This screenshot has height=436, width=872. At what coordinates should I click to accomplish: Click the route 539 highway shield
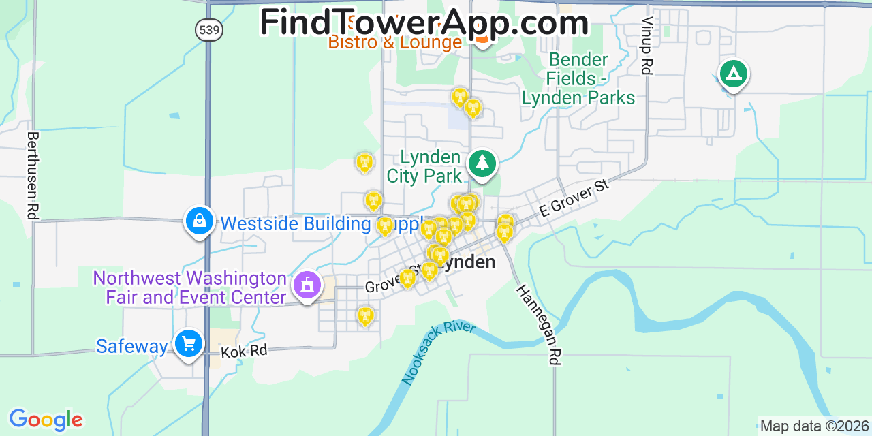tap(208, 29)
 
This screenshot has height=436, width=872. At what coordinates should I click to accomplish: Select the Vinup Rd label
tap(647, 46)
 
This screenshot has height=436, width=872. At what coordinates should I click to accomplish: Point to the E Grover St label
tap(574, 198)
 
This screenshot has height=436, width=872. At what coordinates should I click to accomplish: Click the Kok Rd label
tap(243, 352)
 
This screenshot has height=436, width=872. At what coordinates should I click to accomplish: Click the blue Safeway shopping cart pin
tap(188, 343)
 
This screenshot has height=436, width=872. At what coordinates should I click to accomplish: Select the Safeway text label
tap(131, 346)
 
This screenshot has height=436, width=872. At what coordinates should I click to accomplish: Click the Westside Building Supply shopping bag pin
tap(199, 221)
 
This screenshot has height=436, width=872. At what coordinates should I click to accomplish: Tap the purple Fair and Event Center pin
tap(307, 285)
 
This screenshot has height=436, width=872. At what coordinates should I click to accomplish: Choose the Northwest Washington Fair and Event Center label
tap(190, 287)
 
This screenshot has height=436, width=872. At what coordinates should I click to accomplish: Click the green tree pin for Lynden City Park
tap(482, 163)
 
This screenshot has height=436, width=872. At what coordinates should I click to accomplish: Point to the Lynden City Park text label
tap(424, 167)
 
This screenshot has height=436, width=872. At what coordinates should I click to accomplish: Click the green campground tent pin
tap(733, 73)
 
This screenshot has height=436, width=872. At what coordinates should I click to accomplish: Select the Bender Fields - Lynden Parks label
tap(578, 79)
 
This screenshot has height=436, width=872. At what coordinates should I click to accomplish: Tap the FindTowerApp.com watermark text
tap(424, 22)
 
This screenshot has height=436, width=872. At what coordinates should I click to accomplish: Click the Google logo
tap(46, 420)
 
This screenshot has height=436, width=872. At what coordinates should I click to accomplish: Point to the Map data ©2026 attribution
tap(815, 426)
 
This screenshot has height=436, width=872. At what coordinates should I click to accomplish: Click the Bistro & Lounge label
tap(395, 43)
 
